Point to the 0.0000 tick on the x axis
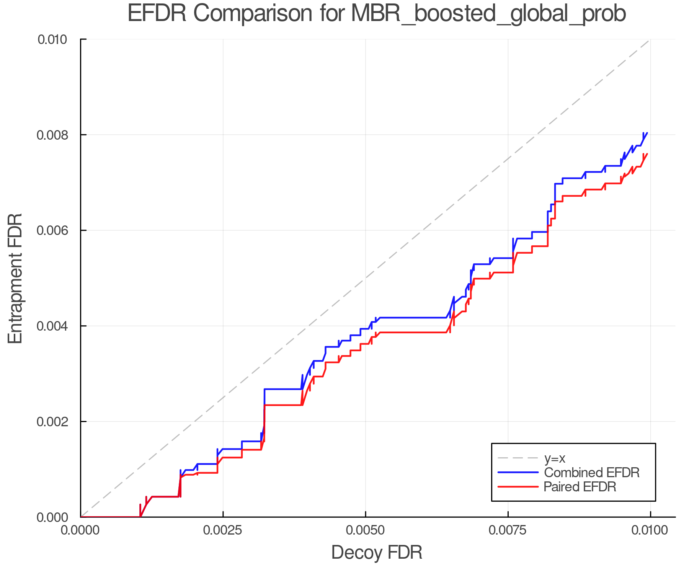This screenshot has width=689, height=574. click(x=81, y=530)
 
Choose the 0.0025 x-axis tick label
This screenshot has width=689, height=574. click(x=223, y=530)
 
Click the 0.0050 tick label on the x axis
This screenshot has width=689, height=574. click(x=366, y=530)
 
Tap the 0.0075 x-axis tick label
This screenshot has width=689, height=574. click(x=508, y=530)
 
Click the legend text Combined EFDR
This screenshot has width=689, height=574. click(x=591, y=473)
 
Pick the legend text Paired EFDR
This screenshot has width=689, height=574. click(x=580, y=487)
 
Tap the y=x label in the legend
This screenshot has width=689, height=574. click(x=555, y=458)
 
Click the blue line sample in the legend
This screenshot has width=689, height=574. click(x=518, y=473)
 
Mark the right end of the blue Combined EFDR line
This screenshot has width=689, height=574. click(x=647, y=133)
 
